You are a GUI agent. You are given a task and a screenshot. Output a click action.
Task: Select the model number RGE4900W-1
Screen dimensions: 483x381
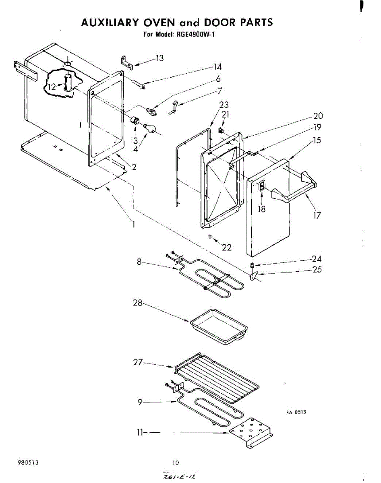click(x=196, y=34)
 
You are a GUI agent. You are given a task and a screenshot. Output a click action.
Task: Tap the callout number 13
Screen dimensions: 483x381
click(x=159, y=59)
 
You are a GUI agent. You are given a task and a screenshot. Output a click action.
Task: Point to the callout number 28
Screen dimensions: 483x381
click(x=138, y=303)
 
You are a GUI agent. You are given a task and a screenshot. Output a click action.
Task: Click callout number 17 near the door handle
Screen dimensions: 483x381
click(x=317, y=215)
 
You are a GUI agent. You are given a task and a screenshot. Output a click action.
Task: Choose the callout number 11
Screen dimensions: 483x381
click(x=140, y=433)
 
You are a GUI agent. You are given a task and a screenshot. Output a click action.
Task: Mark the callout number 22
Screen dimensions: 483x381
click(x=227, y=248)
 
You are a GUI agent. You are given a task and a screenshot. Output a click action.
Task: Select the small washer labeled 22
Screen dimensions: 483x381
click(x=211, y=237)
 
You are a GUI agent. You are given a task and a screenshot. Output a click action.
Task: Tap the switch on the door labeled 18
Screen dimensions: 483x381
click(x=261, y=186)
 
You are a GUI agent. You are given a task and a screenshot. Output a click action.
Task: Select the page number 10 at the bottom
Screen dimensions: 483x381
click(x=175, y=463)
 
